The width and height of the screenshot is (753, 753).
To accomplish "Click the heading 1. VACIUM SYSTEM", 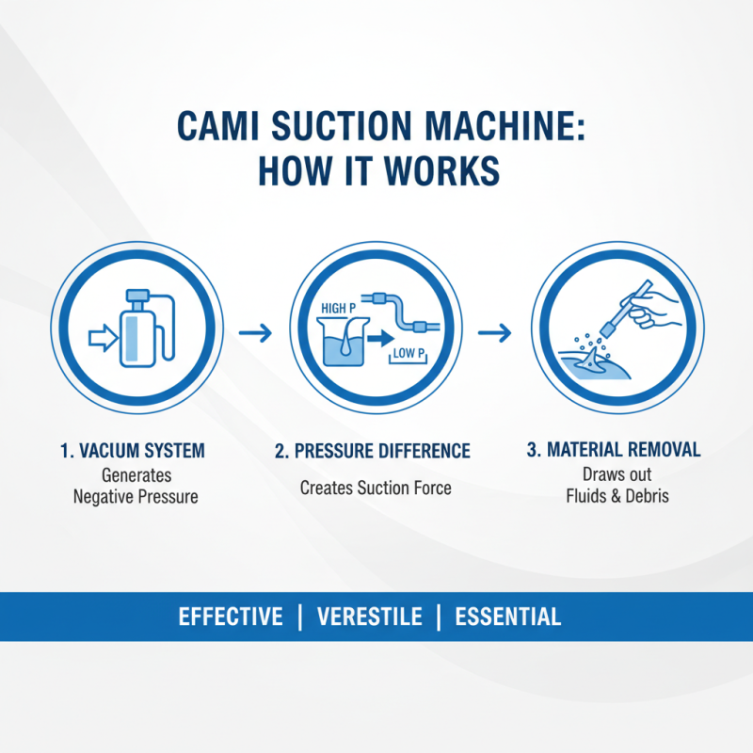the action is [x=132, y=451].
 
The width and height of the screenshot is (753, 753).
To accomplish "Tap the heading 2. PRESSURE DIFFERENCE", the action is [x=373, y=451].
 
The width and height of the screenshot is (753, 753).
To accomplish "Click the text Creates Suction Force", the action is [x=376, y=488].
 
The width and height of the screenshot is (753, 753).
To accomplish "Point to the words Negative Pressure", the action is [x=136, y=496].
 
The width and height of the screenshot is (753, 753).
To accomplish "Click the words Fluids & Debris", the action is [x=617, y=495].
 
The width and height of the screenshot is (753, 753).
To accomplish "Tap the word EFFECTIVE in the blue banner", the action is [x=231, y=617].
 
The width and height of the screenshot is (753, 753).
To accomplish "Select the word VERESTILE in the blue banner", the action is [x=370, y=617].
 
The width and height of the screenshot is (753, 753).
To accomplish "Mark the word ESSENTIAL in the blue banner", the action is [x=507, y=617].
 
